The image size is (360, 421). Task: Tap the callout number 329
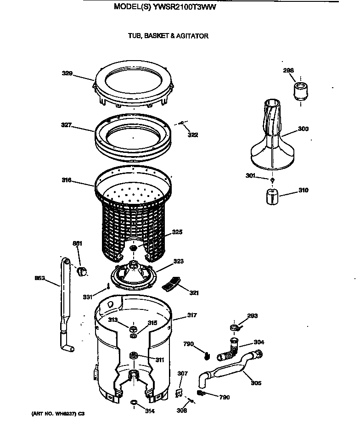click(67, 73)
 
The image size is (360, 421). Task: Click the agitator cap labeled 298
click(300, 90)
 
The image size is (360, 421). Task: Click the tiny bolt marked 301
click(272, 180)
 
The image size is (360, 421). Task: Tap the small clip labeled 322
click(182, 123)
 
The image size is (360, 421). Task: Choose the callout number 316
click(67, 180)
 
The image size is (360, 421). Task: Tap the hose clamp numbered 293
click(234, 327)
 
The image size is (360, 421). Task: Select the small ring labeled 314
click(133, 403)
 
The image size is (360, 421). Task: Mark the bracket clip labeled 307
click(181, 391)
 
